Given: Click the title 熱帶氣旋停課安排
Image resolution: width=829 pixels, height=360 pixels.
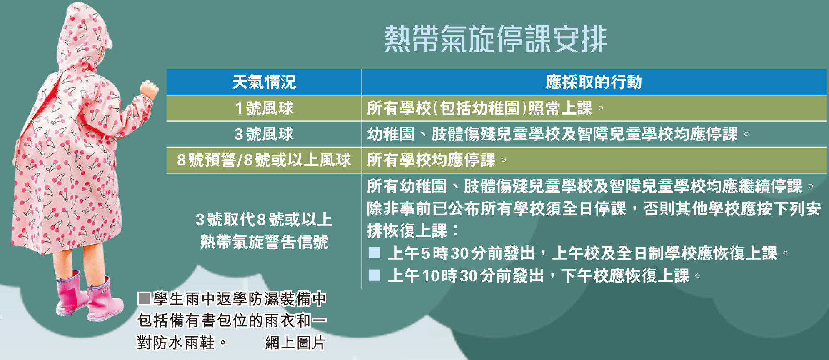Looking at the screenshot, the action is click(x=495, y=39).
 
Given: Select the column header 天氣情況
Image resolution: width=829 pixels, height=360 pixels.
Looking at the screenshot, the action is click(x=264, y=82).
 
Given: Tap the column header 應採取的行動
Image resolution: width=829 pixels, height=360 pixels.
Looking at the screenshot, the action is click(x=594, y=82).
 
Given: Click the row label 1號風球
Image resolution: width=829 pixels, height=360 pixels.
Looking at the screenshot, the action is click(x=264, y=108).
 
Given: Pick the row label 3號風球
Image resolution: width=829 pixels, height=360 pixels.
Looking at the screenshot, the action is click(x=264, y=134).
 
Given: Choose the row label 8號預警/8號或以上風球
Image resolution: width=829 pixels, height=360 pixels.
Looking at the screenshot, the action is click(x=264, y=160).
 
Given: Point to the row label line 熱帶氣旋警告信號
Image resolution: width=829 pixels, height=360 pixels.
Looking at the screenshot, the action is click(x=264, y=242).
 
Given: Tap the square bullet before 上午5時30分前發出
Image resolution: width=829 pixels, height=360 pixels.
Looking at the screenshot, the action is click(x=375, y=252).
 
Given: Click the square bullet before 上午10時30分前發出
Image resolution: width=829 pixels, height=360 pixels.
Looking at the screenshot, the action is click(x=375, y=275).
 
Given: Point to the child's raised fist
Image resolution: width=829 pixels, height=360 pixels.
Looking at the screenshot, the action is click(x=149, y=90).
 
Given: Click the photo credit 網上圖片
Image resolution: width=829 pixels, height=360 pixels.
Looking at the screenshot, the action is click(x=295, y=343).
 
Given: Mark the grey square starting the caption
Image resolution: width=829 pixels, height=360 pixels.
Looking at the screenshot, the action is click(x=144, y=299).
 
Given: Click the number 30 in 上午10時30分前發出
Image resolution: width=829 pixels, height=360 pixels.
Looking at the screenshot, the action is click(x=469, y=276).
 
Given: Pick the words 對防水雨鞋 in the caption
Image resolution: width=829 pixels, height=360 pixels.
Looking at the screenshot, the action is click(x=176, y=343).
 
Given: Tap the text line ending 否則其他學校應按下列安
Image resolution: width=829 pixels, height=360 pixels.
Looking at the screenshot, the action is click(x=594, y=208).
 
